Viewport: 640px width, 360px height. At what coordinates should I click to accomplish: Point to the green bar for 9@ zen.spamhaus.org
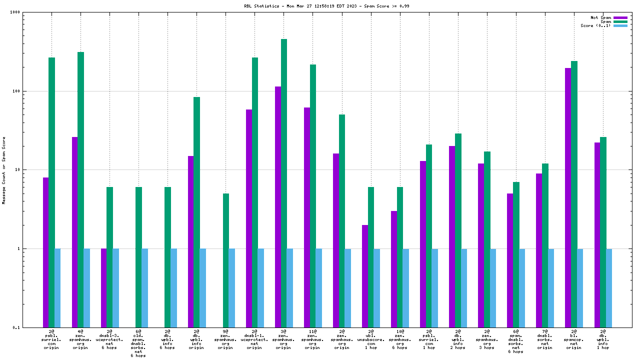[226, 260]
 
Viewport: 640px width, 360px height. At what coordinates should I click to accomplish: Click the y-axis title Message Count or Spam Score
[4, 170]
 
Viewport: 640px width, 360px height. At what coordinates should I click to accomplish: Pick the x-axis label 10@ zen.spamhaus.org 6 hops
[400, 339]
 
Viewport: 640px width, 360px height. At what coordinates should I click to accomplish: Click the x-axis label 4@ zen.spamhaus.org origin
[80, 339]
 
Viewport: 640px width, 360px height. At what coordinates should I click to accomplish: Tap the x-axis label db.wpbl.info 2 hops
[458, 339]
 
